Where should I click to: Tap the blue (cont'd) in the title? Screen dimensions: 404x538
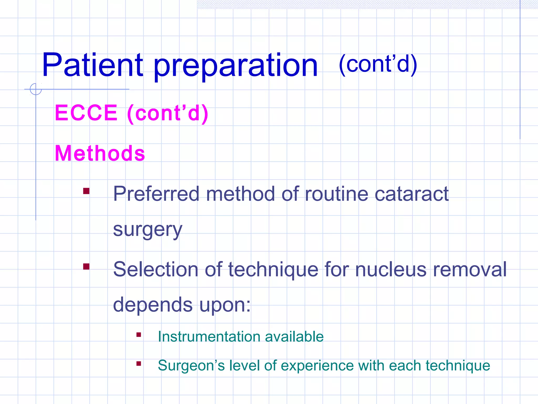378,64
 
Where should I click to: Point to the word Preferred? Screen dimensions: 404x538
156,194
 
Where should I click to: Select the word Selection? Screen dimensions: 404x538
156,269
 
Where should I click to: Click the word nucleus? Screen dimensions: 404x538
391,269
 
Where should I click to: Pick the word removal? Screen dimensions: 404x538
469,269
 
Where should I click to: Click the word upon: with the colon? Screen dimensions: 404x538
225,305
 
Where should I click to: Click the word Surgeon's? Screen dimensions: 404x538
191,366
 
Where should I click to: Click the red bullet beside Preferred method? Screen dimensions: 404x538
86,191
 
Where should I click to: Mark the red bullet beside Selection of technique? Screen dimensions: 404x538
86,266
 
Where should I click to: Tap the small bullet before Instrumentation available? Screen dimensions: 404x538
139,335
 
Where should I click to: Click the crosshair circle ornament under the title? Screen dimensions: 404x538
36,89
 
